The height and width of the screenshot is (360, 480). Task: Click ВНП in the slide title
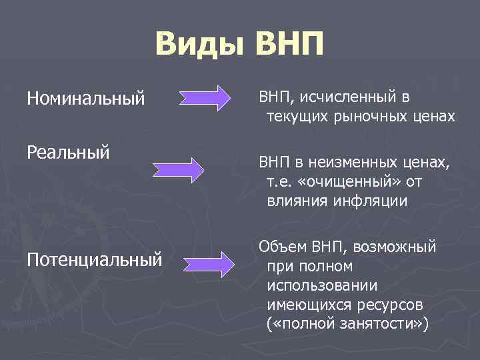pos(289,45)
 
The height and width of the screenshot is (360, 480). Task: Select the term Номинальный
pos(86,99)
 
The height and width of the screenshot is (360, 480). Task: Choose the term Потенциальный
pos(95,258)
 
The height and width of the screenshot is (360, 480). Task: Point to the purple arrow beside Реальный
pos(178,169)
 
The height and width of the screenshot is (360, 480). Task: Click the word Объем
pos(283,247)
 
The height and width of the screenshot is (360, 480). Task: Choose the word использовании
pos(322,286)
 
